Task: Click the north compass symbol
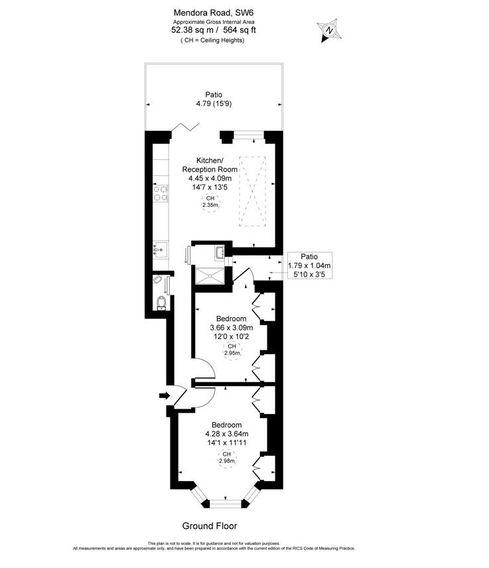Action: pyautogui.click(x=328, y=30)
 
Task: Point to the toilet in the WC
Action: pyautogui.click(x=160, y=303)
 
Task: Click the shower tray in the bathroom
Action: pyautogui.click(x=210, y=275)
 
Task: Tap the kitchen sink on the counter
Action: pyautogui.click(x=160, y=250)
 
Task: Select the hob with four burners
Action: pyautogui.click(x=160, y=193)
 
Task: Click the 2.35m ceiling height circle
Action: pyautogui.click(x=210, y=202)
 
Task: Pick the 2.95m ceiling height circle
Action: pyautogui.click(x=231, y=350)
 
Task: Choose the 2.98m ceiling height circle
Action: pyautogui.click(x=226, y=457)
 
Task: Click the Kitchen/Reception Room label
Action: pyautogui.click(x=210, y=165)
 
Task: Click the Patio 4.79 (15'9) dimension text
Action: pyautogui.click(x=214, y=100)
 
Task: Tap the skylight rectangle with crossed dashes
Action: pyautogui.click(x=252, y=190)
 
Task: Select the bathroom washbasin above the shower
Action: pyautogui.click(x=220, y=253)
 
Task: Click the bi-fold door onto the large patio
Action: pyautogui.click(x=181, y=128)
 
